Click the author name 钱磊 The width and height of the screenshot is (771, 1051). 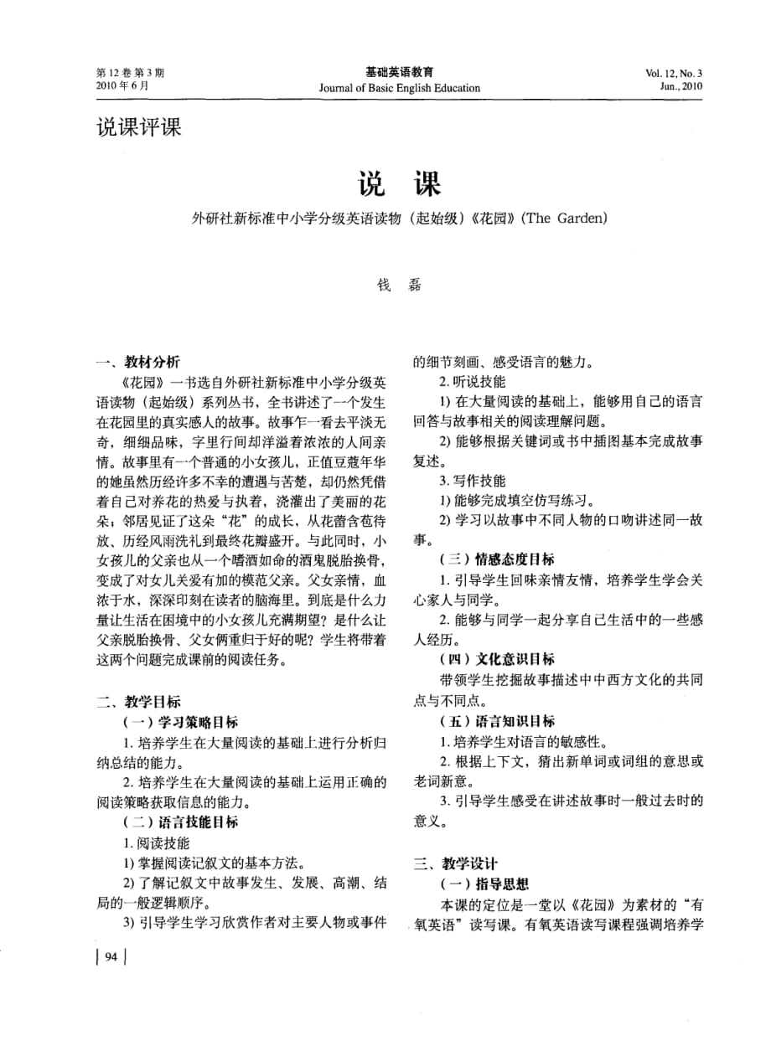[x=398, y=284]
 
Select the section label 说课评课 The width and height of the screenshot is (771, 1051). [x=138, y=128]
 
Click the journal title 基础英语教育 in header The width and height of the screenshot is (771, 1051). [x=399, y=73]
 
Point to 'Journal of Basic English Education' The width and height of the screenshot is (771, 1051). [x=399, y=87]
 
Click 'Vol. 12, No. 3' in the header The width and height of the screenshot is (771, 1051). [x=674, y=73]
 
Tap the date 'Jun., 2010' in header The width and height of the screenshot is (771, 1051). [x=680, y=86]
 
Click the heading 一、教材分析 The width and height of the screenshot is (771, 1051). [x=137, y=363]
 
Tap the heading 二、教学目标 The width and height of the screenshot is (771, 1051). [x=137, y=702]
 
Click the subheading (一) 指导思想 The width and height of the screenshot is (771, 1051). [x=484, y=884]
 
